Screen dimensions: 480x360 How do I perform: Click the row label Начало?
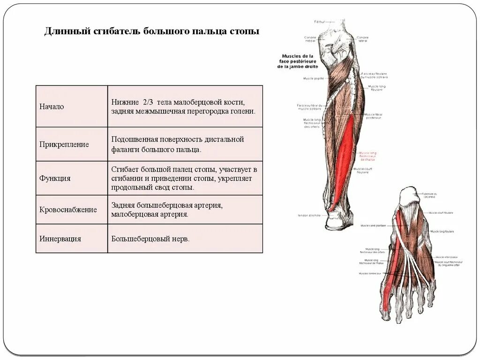click(x=52, y=107)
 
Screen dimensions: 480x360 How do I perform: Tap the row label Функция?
click(x=55, y=179)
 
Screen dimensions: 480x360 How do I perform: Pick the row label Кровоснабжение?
click(x=68, y=210)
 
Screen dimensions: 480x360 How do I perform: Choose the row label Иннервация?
click(x=60, y=239)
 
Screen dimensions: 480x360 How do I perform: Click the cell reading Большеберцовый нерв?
click(x=150, y=239)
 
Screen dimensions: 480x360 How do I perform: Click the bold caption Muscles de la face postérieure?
click(x=297, y=61)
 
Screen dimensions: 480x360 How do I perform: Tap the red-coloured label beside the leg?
click(x=368, y=156)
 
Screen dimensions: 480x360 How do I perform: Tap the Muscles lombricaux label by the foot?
click(x=370, y=273)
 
